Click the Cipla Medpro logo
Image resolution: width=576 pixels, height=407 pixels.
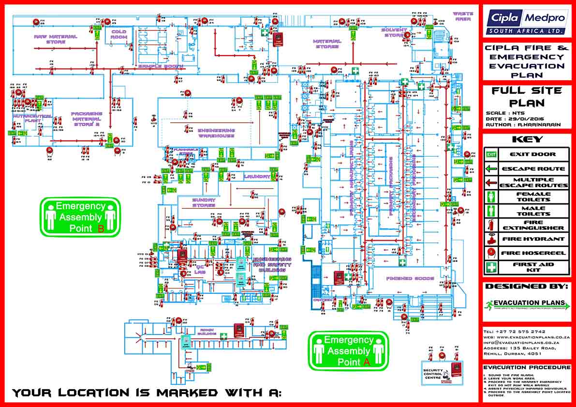(526, 22)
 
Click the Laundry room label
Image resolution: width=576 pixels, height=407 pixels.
(257, 176)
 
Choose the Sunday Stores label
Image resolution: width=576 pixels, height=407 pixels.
(204, 203)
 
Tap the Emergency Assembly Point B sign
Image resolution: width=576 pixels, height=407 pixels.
(80, 217)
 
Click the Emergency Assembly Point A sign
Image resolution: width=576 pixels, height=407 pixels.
(348, 350)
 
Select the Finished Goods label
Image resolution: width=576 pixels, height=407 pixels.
(410, 279)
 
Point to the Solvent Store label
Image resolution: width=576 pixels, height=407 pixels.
(394, 32)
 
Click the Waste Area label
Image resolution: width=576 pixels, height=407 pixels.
(462, 16)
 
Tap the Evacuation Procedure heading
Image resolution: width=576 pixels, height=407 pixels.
(526, 368)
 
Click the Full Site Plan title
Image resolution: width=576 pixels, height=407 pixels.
(526, 97)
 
